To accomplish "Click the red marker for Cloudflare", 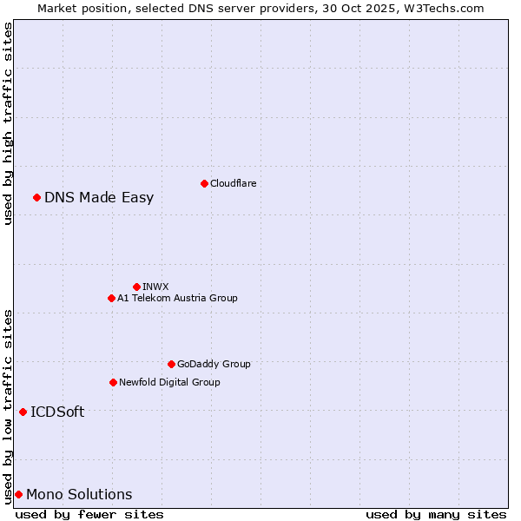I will tap(204, 183).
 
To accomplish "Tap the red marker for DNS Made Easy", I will tap(36, 197).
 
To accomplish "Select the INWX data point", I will tap(136, 287).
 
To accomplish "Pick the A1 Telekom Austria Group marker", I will tap(111, 298).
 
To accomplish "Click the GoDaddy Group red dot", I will tap(171, 364).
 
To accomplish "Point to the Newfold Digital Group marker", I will tap(113, 382).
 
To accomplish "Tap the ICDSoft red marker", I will tap(23, 412).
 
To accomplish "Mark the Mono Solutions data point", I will tap(18, 494).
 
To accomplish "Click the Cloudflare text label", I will tap(233, 183).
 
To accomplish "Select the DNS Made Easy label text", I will tap(99, 197).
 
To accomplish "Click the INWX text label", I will tap(155, 287).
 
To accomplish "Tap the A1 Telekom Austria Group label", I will tap(177, 298).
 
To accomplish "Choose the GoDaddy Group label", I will tap(214, 364).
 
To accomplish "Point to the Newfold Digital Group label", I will tap(169, 382).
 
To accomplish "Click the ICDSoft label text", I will tap(57, 412).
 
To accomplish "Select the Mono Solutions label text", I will tap(79, 494).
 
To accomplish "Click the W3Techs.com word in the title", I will tap(447, 8).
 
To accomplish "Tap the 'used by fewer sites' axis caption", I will tap(89, 514).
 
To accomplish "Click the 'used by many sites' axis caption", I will tap(435, 514).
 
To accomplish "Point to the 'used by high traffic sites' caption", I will tap(8, 123).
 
